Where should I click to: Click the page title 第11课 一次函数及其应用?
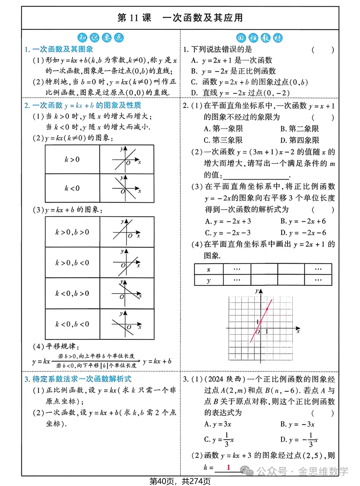180,18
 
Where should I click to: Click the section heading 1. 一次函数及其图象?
59,49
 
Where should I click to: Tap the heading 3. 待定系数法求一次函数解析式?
78,379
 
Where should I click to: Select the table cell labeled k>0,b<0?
72,263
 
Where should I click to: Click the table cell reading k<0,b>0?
72,293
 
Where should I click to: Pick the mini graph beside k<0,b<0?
127,324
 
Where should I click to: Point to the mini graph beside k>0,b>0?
127,232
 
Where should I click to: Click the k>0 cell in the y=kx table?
72,159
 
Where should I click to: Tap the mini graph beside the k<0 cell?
127,188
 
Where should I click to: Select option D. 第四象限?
299,140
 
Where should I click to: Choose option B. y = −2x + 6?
303,221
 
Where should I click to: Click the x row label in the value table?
209,269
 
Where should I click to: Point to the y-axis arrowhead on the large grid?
260,291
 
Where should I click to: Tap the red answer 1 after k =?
228,467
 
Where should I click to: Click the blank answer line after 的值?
256,176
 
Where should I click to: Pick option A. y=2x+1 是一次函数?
232,60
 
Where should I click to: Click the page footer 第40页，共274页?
180,481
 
